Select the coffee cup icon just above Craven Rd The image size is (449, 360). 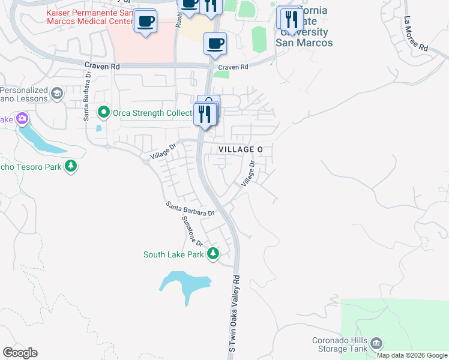pos(215,43)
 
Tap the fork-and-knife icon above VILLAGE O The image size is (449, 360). pos(205,113)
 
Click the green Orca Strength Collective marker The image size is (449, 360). pos(104,112)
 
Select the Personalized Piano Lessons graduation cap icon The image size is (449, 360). pos(57,93)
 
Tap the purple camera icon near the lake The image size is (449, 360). pos(22,119)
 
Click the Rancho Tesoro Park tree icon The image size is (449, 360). pos(71,166)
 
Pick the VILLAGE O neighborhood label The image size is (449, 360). pos(241,149)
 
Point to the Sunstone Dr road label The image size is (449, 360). pos(192,230)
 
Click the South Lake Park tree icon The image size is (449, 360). pos(212,254)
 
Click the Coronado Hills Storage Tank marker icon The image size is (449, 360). pos(376,344)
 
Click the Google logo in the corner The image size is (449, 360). pos(20,353)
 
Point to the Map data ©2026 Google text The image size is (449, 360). pos(412,355)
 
